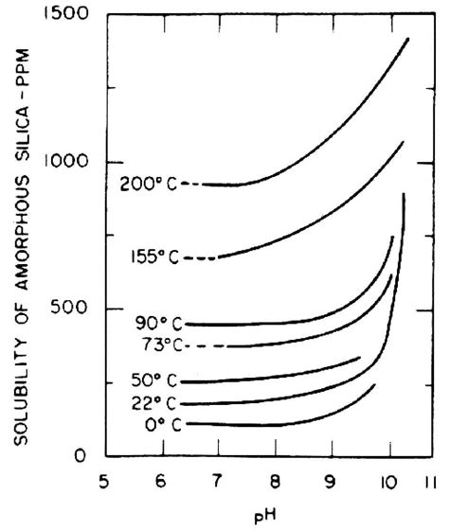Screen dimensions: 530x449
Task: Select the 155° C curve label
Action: [x=155, y=257]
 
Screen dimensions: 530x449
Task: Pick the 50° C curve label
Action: [x=153, y=381]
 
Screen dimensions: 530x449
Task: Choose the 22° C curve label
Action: [x=153, y=403]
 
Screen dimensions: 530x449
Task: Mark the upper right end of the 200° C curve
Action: [x=408, y=38]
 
